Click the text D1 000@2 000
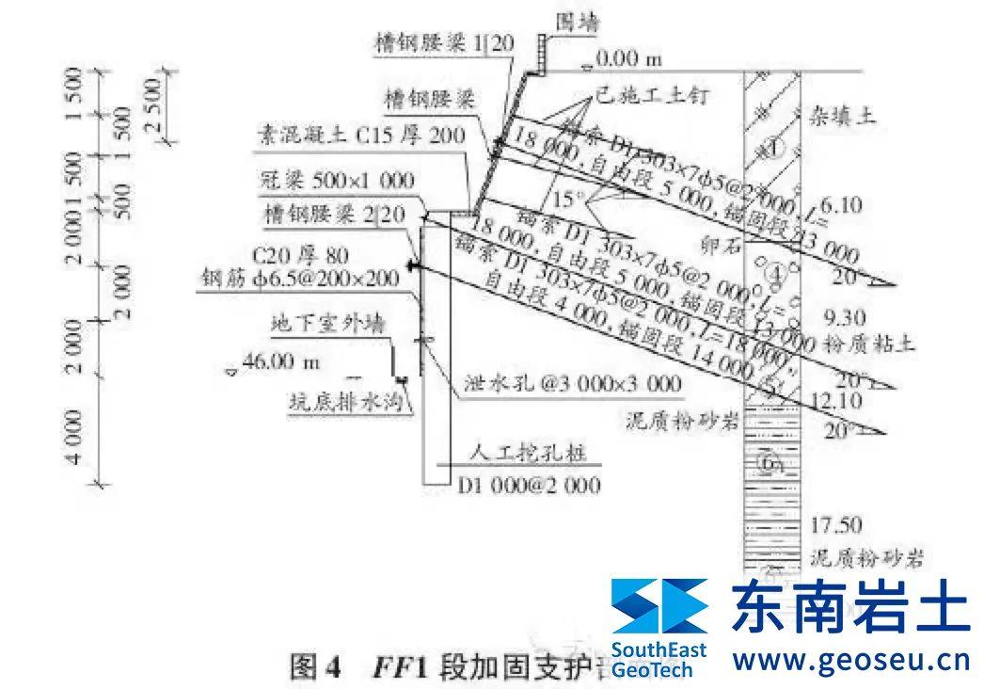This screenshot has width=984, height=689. tap(529, 487)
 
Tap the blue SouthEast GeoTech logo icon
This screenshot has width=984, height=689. tap(659, 604)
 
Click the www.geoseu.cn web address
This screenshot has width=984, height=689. tap(850, 659)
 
